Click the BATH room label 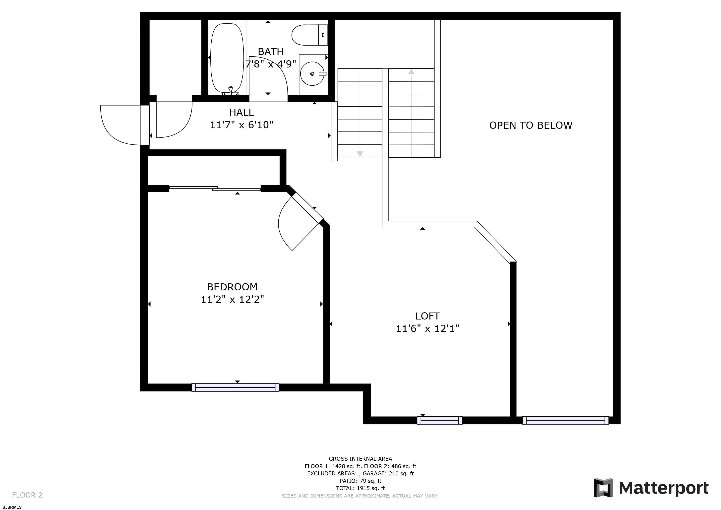(270, 52)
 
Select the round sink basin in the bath (312, 74)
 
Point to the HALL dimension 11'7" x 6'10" (241, 125)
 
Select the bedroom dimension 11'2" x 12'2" (232, 300)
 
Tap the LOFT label (427, 316)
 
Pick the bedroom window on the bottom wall (235, 387)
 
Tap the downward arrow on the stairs (360, 154)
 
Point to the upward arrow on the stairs (411, 72)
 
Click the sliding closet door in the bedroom (215, 189)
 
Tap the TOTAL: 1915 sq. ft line (360, 488)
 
